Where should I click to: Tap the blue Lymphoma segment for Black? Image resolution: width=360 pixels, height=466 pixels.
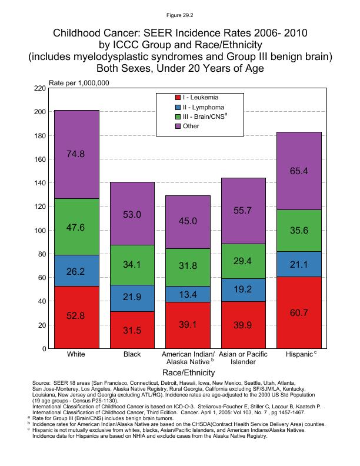tap(132, 298)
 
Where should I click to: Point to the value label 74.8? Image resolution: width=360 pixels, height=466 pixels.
tap(76, 154)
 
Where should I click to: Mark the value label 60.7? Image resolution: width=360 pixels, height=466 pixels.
tap(299, 313)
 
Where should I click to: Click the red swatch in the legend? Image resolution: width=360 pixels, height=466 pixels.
tap(178, 96)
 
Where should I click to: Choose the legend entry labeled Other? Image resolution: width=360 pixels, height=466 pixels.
tap(191, 127)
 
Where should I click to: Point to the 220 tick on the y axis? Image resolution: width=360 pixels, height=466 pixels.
tap(40, 88)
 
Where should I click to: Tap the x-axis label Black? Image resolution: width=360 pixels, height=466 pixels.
tap(132, 355)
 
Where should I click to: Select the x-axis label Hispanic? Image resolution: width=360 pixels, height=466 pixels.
tap(298, 355)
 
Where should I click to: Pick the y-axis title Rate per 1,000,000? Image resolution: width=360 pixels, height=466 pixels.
tap(79, 82)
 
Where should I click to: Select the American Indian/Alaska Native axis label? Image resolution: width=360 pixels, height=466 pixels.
tap(188, 358)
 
